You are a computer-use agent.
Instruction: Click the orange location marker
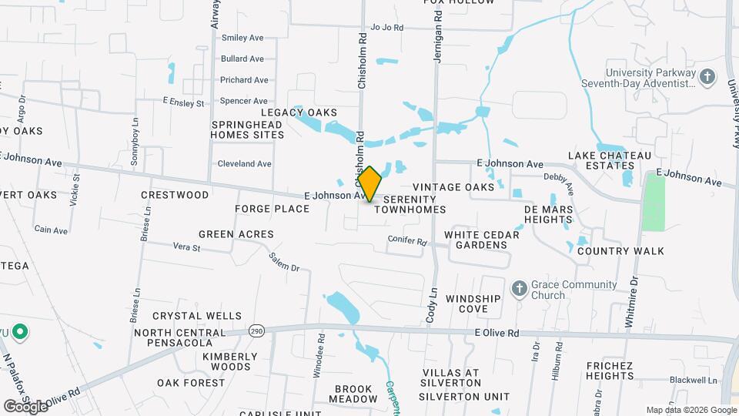(x=369, y=184)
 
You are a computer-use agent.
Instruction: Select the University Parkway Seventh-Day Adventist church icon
(x=708, y=76)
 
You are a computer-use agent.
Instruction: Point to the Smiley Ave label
(x=242, y=38)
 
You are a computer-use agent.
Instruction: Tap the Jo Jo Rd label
(x=387, y=27)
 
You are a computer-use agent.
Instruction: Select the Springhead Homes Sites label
(x=248, y=129)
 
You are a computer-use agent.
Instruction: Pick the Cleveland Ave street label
(x=244, y=164)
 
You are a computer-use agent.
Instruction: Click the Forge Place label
(x=272, y=209)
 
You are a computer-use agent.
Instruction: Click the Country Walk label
(x=620, y=251)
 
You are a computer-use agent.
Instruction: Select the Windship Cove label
(x=473, y=304)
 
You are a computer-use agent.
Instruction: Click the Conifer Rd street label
(x=406, y=240)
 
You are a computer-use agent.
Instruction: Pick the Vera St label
(x=186, y=248)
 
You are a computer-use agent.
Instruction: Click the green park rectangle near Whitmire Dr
(x=654, y=203)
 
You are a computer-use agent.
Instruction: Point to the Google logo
(x=25, y=406)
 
